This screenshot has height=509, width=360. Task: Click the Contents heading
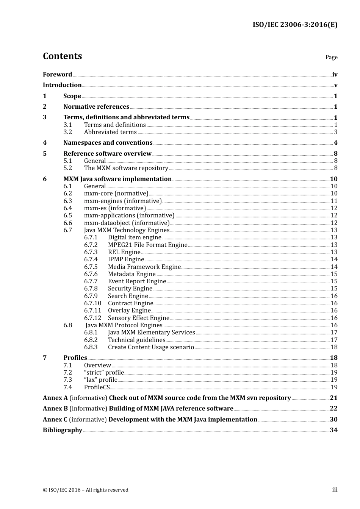[x=62, y=56]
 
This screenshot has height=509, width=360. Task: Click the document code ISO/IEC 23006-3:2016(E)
[x=295, y=25]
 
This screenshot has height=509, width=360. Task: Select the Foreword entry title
[x=57, y=75]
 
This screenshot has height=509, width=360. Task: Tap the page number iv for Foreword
[x=335, y=75]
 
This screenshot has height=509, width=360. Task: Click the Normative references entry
[x=96, y=107]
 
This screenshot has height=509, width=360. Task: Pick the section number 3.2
[x=67, y=132]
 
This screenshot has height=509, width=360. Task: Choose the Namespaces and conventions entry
[x=108, y=143]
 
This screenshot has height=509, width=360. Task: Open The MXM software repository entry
[x=126, y=168]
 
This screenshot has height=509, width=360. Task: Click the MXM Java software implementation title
[x=117, y=179]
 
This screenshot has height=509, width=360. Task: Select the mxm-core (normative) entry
[x=116, y=194]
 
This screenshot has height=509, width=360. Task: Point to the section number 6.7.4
[x=91, y=259]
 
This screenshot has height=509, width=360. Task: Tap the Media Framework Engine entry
[x=144, y=267]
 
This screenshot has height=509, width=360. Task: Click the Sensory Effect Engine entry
[x=138, y=318]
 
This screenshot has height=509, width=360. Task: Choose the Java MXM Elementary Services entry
[x=151, y=333]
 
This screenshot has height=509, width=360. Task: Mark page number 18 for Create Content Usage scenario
[x=334, y=347]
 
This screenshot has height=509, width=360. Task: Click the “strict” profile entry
[x=104, y=373]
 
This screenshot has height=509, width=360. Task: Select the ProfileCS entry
[x=97, y=387]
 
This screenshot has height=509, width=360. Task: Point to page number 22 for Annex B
[x=333, y=409]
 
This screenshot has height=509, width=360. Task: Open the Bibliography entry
[x=63, y=430]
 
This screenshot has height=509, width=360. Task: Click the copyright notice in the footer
[x=86, y=490]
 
